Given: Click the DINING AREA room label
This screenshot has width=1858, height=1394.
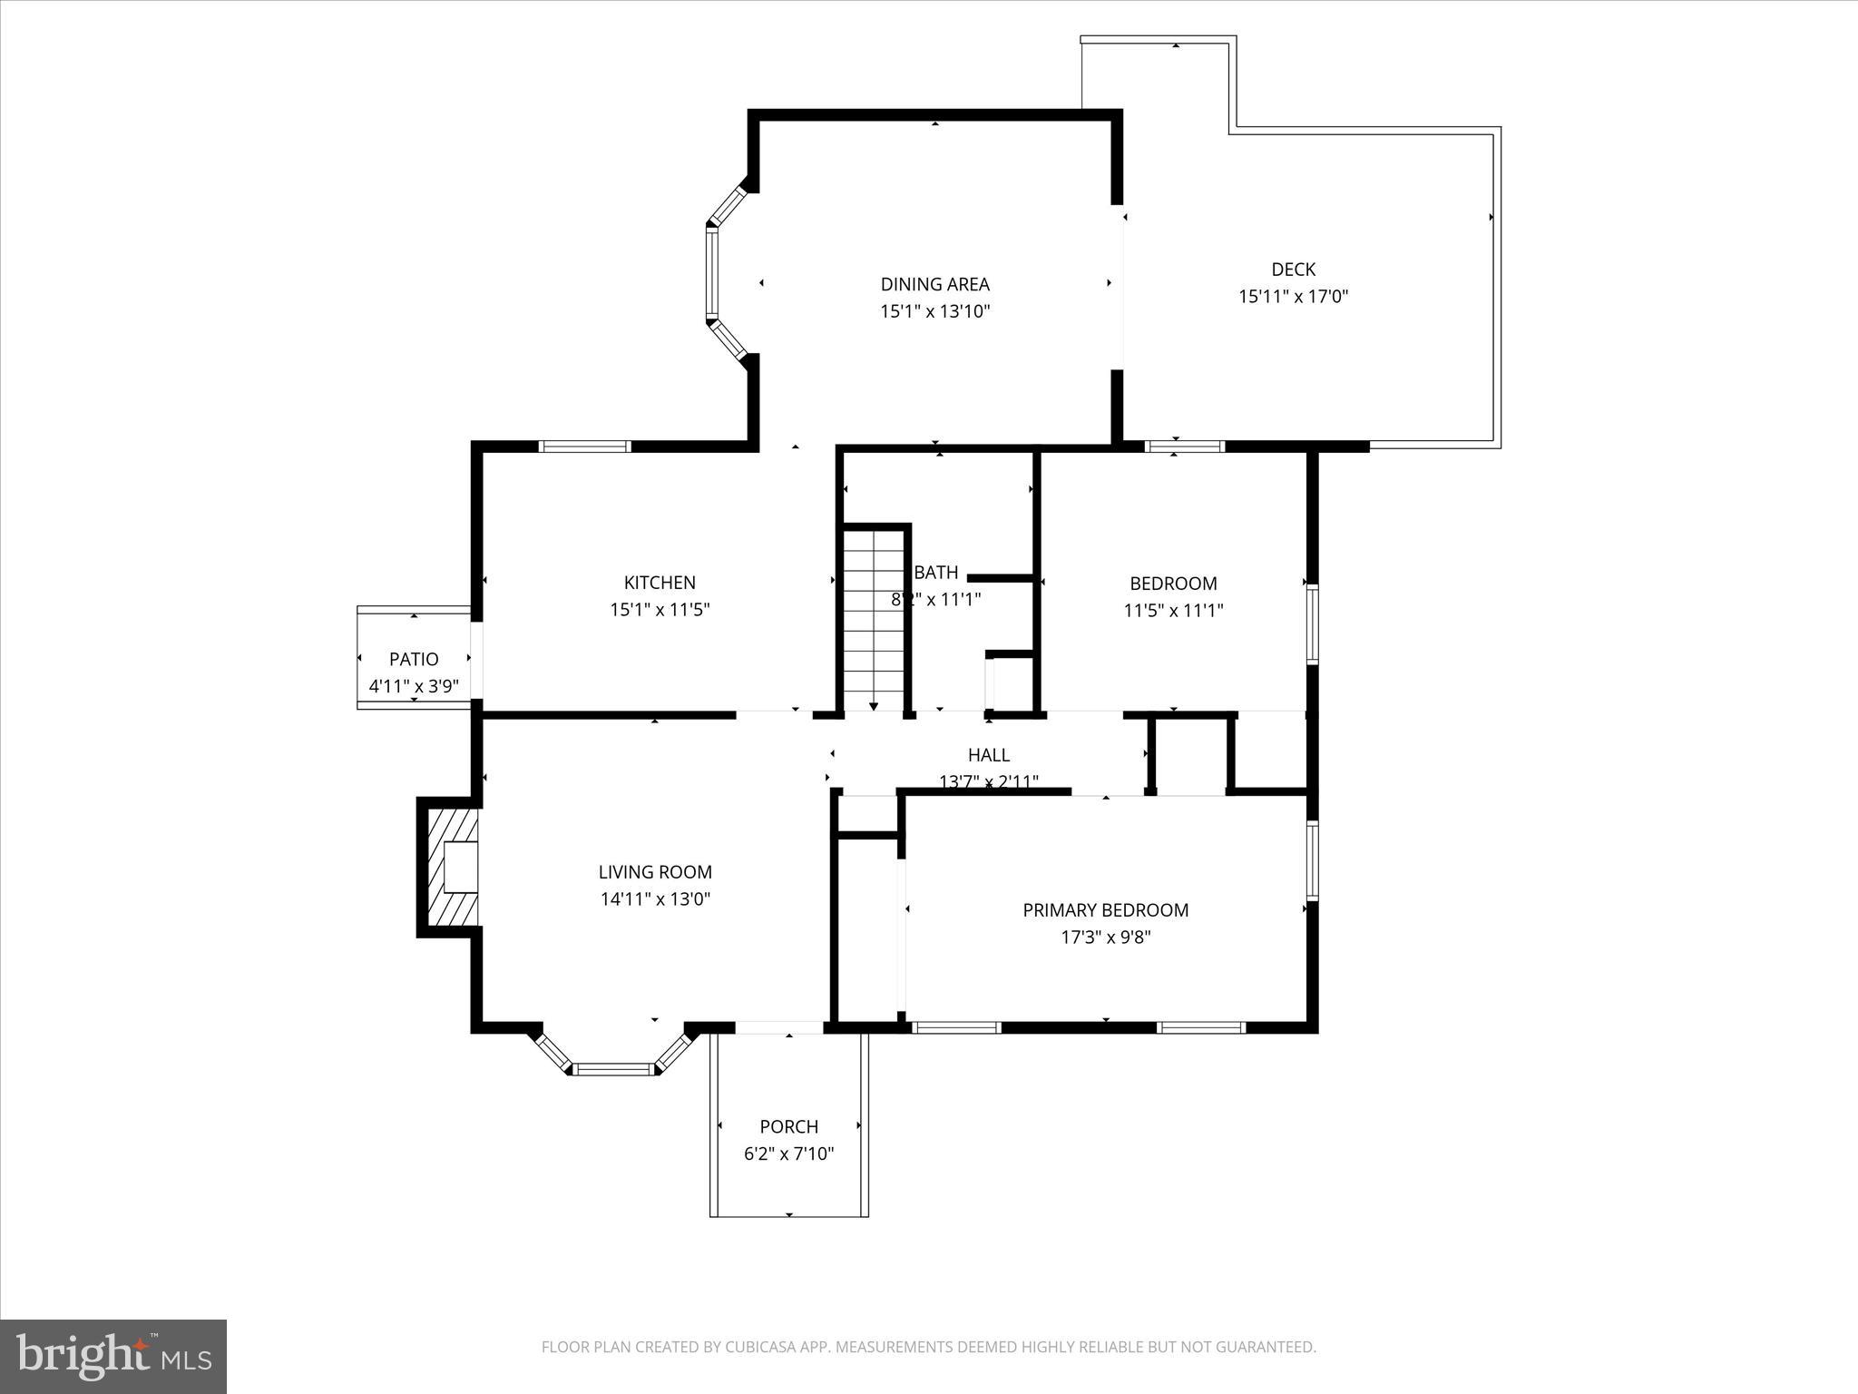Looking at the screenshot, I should (x=934, y=284).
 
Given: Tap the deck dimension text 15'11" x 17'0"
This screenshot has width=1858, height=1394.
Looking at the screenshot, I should (x=1294, y=297).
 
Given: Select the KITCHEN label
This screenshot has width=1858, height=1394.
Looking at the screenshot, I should (x=660, y=583).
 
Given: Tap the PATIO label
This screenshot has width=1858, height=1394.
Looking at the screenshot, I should (x=414, y=660).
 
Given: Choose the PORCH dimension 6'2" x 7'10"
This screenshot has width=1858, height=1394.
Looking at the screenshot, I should (x=788, y=1154).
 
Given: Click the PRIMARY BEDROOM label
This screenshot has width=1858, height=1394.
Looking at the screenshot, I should (x=1105, y=910).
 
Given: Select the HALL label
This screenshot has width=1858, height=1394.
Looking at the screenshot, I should (x=988, y=755).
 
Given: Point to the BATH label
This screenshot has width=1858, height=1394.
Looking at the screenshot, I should (x=936, y=573).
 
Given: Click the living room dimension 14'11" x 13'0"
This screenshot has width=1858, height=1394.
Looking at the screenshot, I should (x=654, y=899).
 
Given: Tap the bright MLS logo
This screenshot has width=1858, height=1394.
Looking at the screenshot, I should (x=113, y=1356).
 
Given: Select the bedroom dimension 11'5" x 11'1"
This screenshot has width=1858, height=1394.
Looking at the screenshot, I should (x=1173, y=611).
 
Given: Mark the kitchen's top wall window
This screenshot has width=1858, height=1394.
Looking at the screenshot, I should (x=584, y=446).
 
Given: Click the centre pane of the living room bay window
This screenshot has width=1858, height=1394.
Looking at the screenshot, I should (x=614, y=1069).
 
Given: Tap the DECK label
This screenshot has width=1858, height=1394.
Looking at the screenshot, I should (x=1293, y=270).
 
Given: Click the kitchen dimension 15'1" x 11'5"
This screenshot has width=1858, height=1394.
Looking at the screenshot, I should (x=660, y=610).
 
